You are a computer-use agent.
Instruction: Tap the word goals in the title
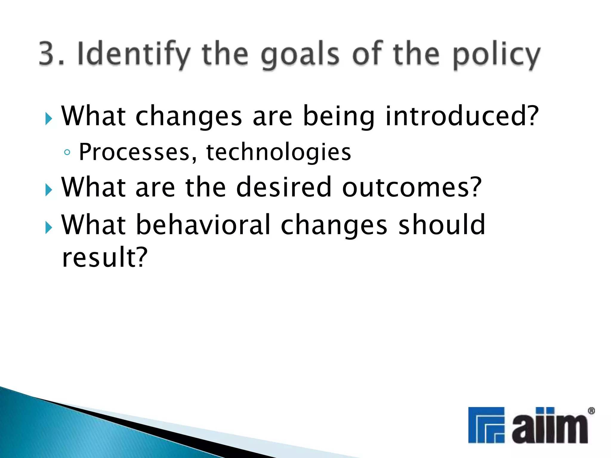pos(300,55)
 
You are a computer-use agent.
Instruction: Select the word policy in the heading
pos(496,55)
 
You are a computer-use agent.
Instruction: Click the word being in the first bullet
pos(338,117)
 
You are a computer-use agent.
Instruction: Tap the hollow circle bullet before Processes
pos(67,153)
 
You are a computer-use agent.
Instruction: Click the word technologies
pos(278,153)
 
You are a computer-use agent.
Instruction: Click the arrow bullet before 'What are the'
pos(49,190)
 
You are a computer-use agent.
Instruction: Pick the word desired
pos(283,187)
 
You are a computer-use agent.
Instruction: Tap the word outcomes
pos(412,188)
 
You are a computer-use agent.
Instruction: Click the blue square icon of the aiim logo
pos(486,425)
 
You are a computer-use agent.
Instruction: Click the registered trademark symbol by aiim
pos(591,411)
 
